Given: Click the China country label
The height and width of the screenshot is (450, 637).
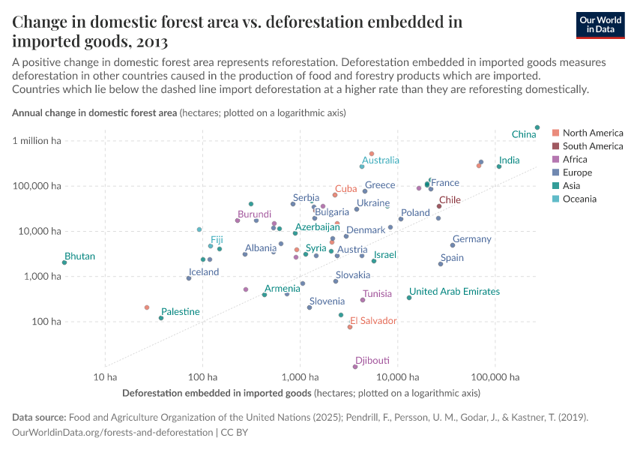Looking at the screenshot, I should [x=524, y=134].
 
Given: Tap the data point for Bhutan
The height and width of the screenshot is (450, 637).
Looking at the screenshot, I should [x=64, y=262].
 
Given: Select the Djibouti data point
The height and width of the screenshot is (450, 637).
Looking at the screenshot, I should [x=355, y=367].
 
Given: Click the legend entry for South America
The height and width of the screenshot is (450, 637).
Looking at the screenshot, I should [x=592, y=146].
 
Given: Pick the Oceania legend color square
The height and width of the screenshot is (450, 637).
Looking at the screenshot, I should [x=555, y=199].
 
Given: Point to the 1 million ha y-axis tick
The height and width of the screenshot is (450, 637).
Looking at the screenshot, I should [x=36, y=141].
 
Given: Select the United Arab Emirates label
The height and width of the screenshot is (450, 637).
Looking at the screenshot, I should [x=454, y=292].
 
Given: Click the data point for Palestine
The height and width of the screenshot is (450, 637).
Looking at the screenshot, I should [x=161, y=318].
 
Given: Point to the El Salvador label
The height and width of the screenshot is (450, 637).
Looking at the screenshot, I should [x=373, y=321].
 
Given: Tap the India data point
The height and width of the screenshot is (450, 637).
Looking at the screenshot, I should [x=499, y=166].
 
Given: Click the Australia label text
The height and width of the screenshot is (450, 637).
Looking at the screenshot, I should [x=381, y=160].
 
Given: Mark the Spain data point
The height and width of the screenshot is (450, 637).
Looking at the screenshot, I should [x=441, y=264].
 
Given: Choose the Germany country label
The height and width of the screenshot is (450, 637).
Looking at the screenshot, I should [x=471, y=239].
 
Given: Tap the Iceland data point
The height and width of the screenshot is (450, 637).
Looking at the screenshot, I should [x=189, y=278].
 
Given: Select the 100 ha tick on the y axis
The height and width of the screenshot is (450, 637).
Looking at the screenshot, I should [x=45, y=322].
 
